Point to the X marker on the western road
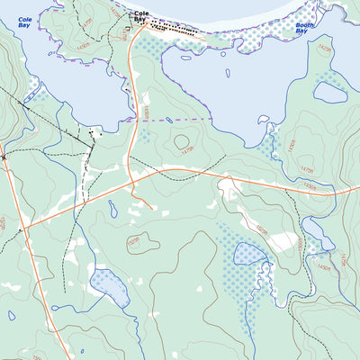coord(4,157)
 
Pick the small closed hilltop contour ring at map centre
coord(183,141)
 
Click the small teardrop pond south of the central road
coord(112,210)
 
